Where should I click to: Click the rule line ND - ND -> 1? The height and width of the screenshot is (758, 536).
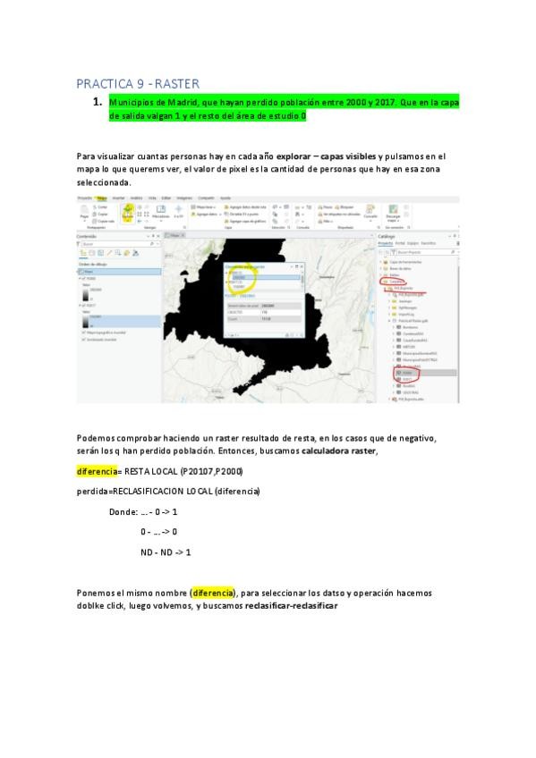(166, 552)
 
